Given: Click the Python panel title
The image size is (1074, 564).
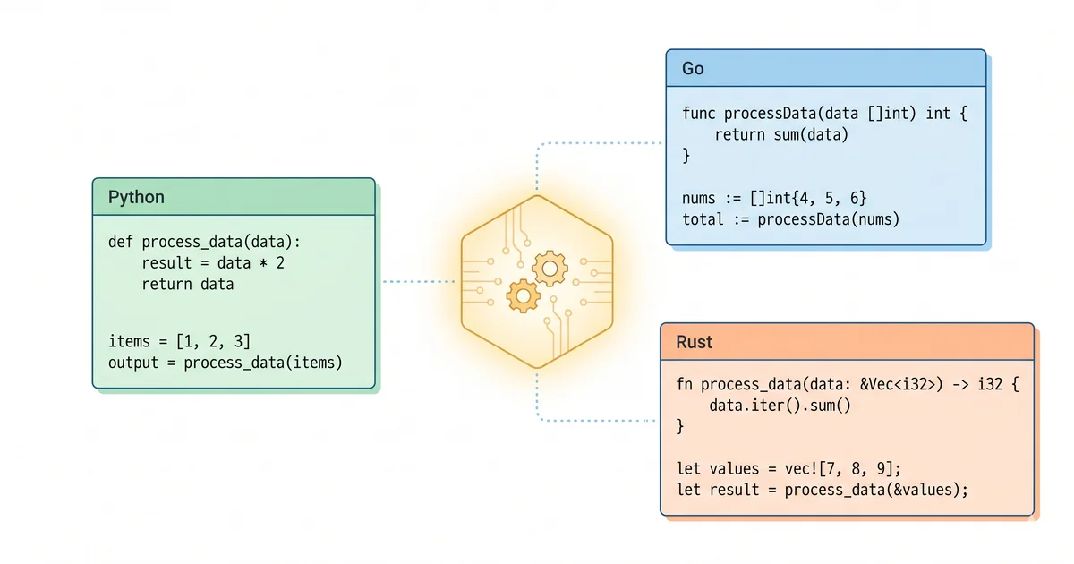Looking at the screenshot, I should (x=136, y=197).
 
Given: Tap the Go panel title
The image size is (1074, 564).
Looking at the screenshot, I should (x=693, y=68).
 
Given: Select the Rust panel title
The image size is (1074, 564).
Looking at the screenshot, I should (x=694, y=343).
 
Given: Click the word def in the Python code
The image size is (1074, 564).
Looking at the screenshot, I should (x=121, y=241).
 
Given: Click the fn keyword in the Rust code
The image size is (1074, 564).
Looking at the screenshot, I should (x=685, y=385).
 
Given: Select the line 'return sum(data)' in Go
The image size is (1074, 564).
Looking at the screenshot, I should (x=780, y=135).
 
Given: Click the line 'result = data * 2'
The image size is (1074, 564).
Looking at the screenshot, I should (x=213, y=263).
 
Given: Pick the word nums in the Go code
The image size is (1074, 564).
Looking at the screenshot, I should (x=699, y=198).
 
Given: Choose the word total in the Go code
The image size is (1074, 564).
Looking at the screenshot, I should (x=703, y=219).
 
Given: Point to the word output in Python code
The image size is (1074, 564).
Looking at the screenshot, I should (x=132, y=363).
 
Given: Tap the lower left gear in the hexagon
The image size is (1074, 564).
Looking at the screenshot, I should (x=522, y=295).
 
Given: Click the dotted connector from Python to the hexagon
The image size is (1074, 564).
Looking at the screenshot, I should (x=419, y=281).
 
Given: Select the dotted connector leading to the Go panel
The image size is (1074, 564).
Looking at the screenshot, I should (x=591, y=142).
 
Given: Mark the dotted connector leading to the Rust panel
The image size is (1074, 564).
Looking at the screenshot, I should (x=591, y=419).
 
